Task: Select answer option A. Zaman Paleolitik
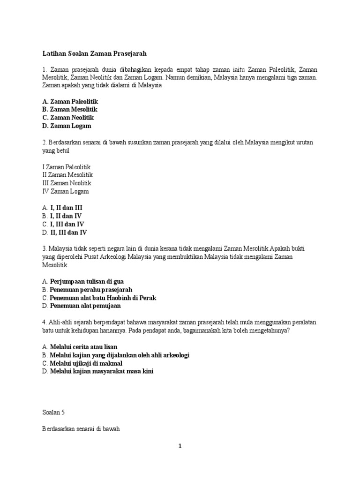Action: point(70,101)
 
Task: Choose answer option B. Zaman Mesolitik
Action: point(69,109)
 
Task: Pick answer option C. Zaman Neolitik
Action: point(68,118)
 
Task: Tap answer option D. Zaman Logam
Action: point(67,126)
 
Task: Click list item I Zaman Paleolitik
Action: point(66,166)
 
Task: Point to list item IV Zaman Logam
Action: point(65,191)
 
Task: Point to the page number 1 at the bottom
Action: point(180,446)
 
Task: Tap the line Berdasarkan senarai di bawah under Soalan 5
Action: point(78,428)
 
